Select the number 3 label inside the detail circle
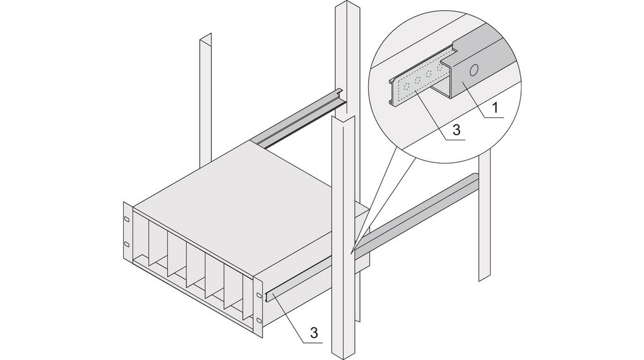click(x=458, y=130)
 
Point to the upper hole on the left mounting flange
click(x=126, y=219)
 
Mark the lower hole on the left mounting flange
click(x=126, y=244)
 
